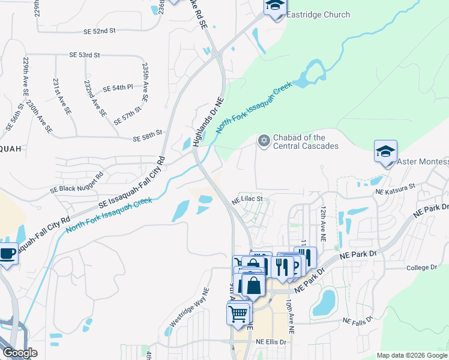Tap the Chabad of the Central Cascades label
(x=306, y=142)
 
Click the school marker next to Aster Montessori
(x=385, y=152)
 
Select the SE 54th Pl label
(x=118, y=88)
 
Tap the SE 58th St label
(x=148, y=132)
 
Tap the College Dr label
(x=423, y=268)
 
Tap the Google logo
(x=20, y=353)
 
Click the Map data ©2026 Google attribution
(x=412, y=355)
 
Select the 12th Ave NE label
(x=323, y=224)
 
